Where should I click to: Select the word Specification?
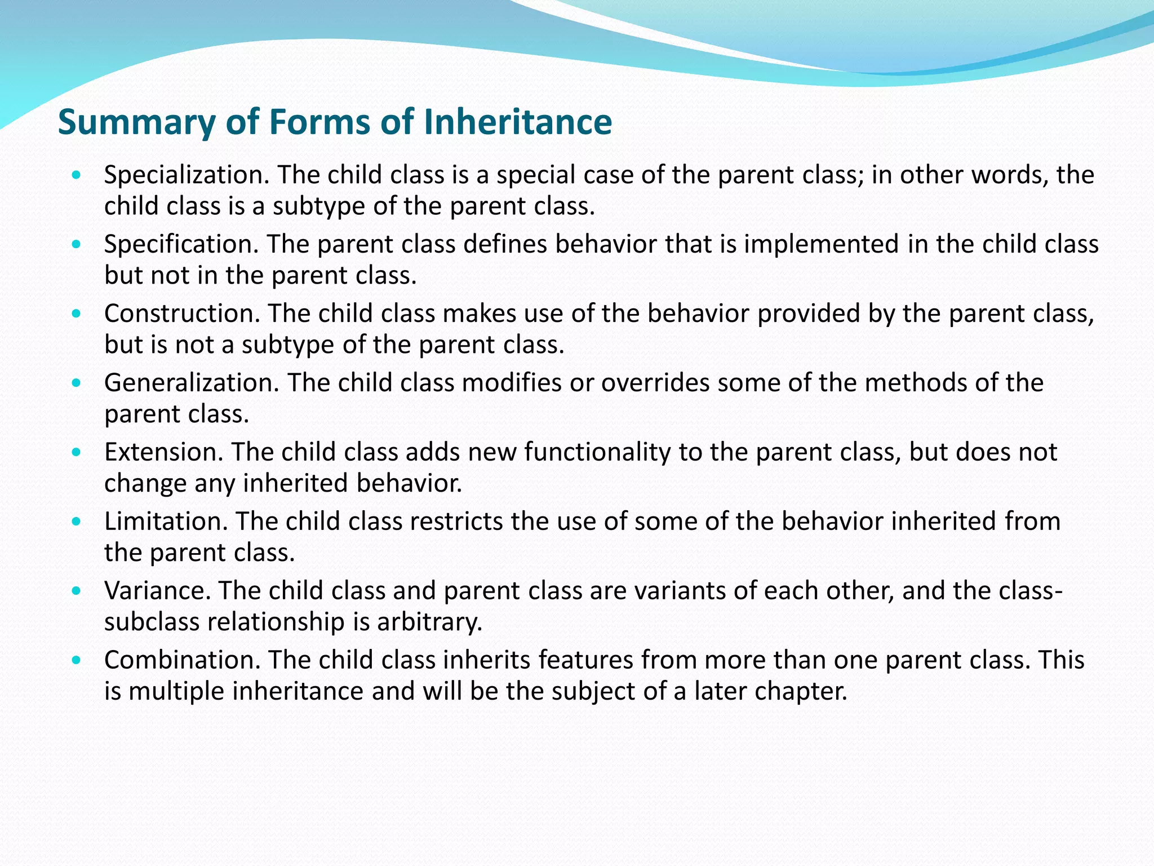coord(181,245)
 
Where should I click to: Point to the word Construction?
coord(181,314)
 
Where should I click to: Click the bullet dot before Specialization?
coord(77,175)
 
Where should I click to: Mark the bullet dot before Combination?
coord(77,660)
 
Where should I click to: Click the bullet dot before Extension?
coord(77,452)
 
